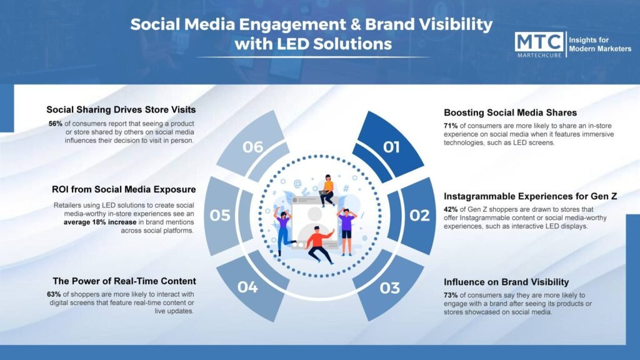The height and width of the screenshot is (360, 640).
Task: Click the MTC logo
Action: coord(539,44)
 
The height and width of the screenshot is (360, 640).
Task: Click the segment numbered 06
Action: coord(252,146)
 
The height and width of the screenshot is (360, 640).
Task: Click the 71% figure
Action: coord(451,126)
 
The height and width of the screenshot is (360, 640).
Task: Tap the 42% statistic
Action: coord(451,209)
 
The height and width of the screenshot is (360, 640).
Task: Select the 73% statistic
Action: coord(451,295)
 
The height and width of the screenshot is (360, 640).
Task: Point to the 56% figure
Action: coord(56,124)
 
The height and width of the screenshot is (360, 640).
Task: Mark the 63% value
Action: coord(54,294)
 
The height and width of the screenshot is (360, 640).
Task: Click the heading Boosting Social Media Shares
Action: coord(510,112)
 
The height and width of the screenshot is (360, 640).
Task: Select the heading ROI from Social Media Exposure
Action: coord(124,189)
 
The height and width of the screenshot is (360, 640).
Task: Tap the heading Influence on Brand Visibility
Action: coord(506,282)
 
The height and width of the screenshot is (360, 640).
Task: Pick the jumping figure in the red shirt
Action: coord(319,244)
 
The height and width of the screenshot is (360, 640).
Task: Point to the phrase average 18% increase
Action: coord(100,222)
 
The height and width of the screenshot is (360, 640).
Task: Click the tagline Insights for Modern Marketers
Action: coord(599,44)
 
